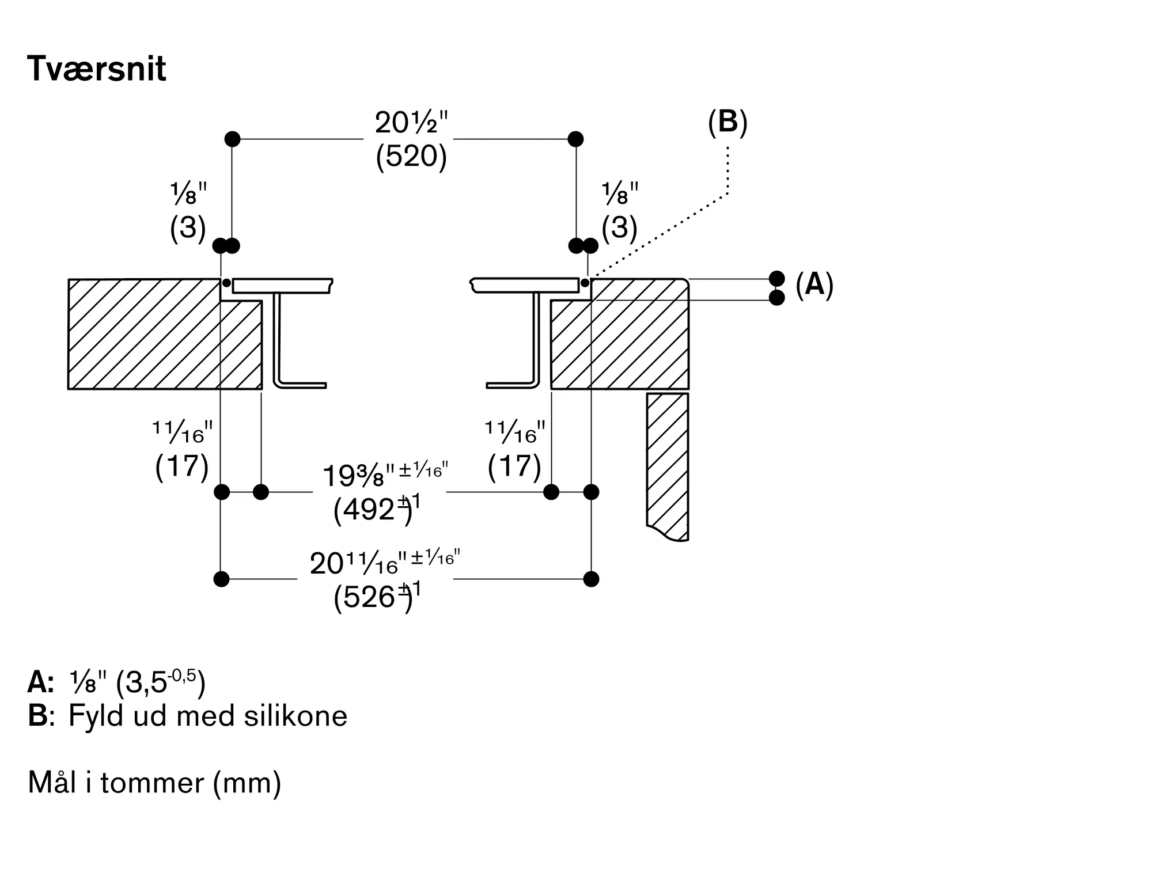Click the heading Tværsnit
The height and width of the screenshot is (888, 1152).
pyautogui.click(x=97, y=69)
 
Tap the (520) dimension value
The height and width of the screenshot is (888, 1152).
pyautogui.click(x=411, y=155)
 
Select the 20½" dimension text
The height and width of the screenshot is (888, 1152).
pyautogui.click(x=411, y=122)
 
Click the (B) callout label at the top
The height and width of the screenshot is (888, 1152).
pyautogui.click(x=727, y=122)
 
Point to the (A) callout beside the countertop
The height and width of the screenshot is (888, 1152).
pyautogui.click(x=814, y=284)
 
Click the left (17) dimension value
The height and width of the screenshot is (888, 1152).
pyautogui.click(x=181, y=465)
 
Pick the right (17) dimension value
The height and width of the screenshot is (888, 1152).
pyautogui.click(x=514, y=465)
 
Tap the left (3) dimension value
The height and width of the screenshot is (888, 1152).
pyautogui.click(x=188, y=227)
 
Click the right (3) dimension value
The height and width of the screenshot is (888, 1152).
pyautogui.click(x=620, y=227)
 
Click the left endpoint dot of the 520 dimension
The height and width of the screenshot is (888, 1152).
pyautogui.click(x=232, y=139)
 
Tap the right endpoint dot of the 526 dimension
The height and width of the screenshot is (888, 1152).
pyautogui.click(x=591, y=579)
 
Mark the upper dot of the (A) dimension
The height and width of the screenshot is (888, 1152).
pyautogui.click(x=777, y=279)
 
